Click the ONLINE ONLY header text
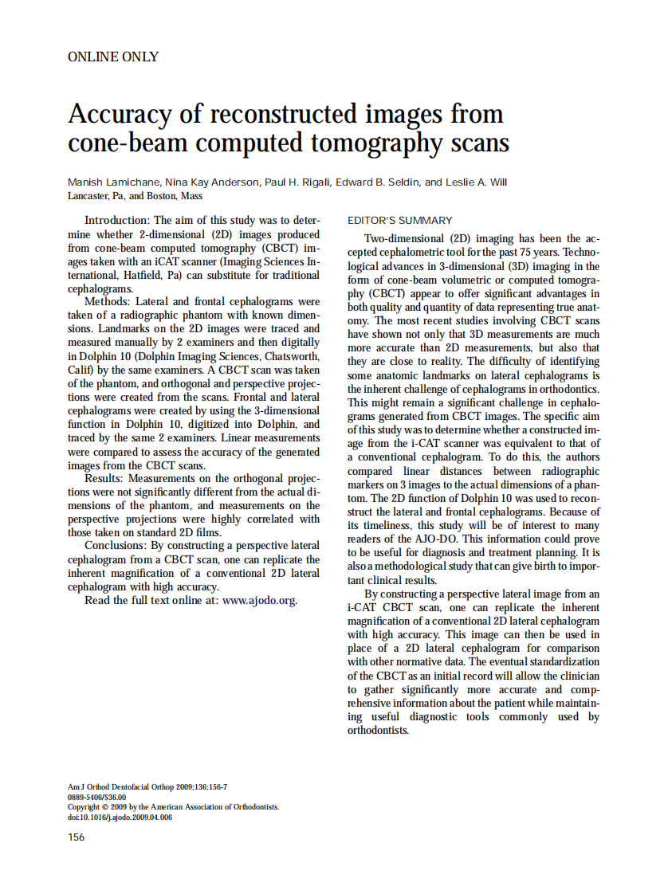113,57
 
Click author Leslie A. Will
476,182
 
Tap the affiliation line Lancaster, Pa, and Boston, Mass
136,196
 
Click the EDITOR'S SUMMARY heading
400,221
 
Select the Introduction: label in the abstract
117,221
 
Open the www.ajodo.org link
260,601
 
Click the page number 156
77,837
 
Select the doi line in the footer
120,817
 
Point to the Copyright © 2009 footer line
173,806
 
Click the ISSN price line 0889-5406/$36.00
97,797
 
